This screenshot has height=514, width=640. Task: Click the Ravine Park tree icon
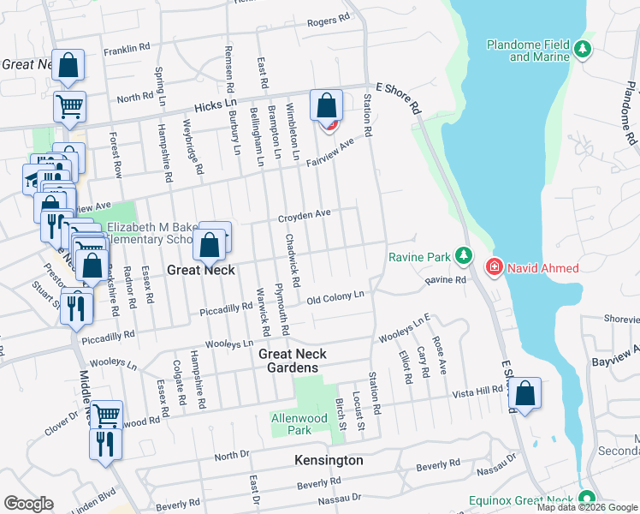(x=463, y=256)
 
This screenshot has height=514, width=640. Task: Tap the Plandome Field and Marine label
(x=528, y=51)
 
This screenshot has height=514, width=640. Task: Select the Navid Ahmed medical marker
(x=494, y=268)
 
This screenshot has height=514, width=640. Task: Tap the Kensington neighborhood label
(x=329, y=460)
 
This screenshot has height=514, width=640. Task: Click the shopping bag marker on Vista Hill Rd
(x=525, y=394)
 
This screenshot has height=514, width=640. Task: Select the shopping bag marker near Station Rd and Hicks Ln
(x=326, y=106)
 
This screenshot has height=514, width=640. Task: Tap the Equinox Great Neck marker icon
(x=586, y=498)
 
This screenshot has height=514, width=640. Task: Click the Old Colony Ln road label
(x=336, y=297)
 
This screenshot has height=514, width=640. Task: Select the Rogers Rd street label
(x=329, y=20)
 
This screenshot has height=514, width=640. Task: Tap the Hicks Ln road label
(x=195, y=105)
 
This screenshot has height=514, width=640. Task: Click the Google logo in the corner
(x=29, y=503)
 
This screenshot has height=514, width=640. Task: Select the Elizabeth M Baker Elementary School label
(x=157, y=233)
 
